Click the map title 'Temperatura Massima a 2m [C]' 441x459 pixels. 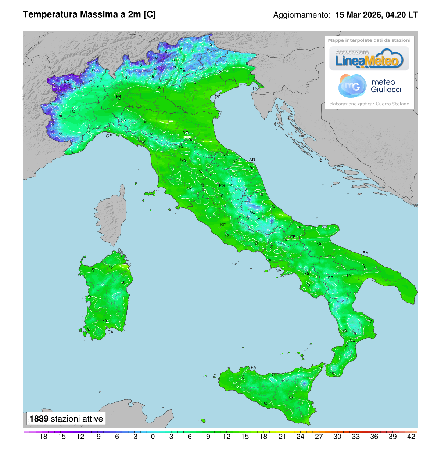[89, 15]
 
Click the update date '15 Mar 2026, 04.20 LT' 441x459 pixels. [376, 15]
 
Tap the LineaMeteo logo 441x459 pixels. [369, 58]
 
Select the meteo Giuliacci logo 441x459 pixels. [369, 86]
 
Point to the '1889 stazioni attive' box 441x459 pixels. [66, 419]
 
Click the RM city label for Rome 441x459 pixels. [223, 224]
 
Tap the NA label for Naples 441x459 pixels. [278, 271]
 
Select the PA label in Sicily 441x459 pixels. [253, 367]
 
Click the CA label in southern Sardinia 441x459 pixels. [110, 332]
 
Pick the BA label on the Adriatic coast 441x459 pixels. [365, 253]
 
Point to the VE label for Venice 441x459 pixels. [218, 97]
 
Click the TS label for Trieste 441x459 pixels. [255, 89]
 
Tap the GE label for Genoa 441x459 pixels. [109, 136]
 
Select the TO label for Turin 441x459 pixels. [72, 111]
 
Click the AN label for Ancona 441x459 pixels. [252, 159]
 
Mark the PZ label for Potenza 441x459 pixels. [331, 278]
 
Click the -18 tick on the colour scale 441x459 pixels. [43, 437]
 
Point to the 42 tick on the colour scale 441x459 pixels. [411, 437]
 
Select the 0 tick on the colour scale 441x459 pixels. [153, 437]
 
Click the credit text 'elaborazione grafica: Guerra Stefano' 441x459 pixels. [369, 104]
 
